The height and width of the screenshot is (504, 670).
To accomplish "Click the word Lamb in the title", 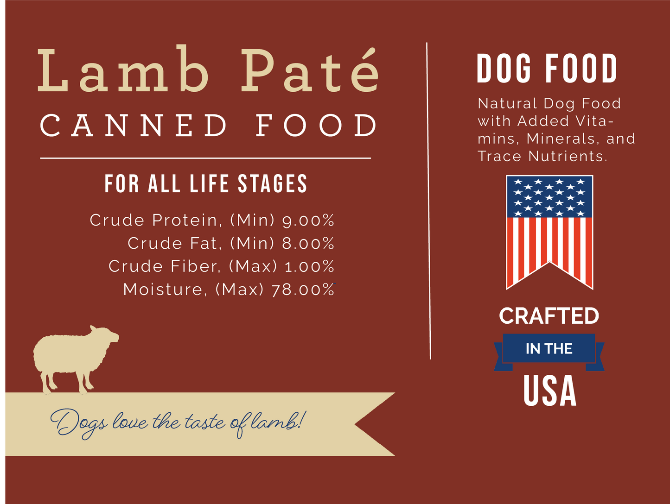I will point(123,70).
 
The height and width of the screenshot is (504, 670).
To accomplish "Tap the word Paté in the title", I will point(310,70).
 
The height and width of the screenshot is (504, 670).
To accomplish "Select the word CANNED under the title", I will point(134,126).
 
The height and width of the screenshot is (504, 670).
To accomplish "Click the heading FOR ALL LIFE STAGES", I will point(206,184).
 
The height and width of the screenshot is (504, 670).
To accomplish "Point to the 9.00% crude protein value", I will point(308,220).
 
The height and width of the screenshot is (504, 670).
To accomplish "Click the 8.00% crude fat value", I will point(308,244).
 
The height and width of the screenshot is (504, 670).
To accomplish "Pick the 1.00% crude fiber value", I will point(309,267).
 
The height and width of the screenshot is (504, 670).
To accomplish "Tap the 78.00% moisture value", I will point(303,290).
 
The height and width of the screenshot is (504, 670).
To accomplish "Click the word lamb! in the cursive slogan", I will point(277,421).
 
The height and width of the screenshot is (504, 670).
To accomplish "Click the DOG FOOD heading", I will point(547,69).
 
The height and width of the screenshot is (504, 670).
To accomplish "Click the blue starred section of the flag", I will point(549,197).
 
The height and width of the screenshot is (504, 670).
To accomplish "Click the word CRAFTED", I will point(549,316).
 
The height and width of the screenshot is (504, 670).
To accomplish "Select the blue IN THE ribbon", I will point(549,348).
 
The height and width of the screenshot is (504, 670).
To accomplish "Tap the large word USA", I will point(550,391).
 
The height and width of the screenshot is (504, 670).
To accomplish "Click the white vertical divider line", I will point(428,199).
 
